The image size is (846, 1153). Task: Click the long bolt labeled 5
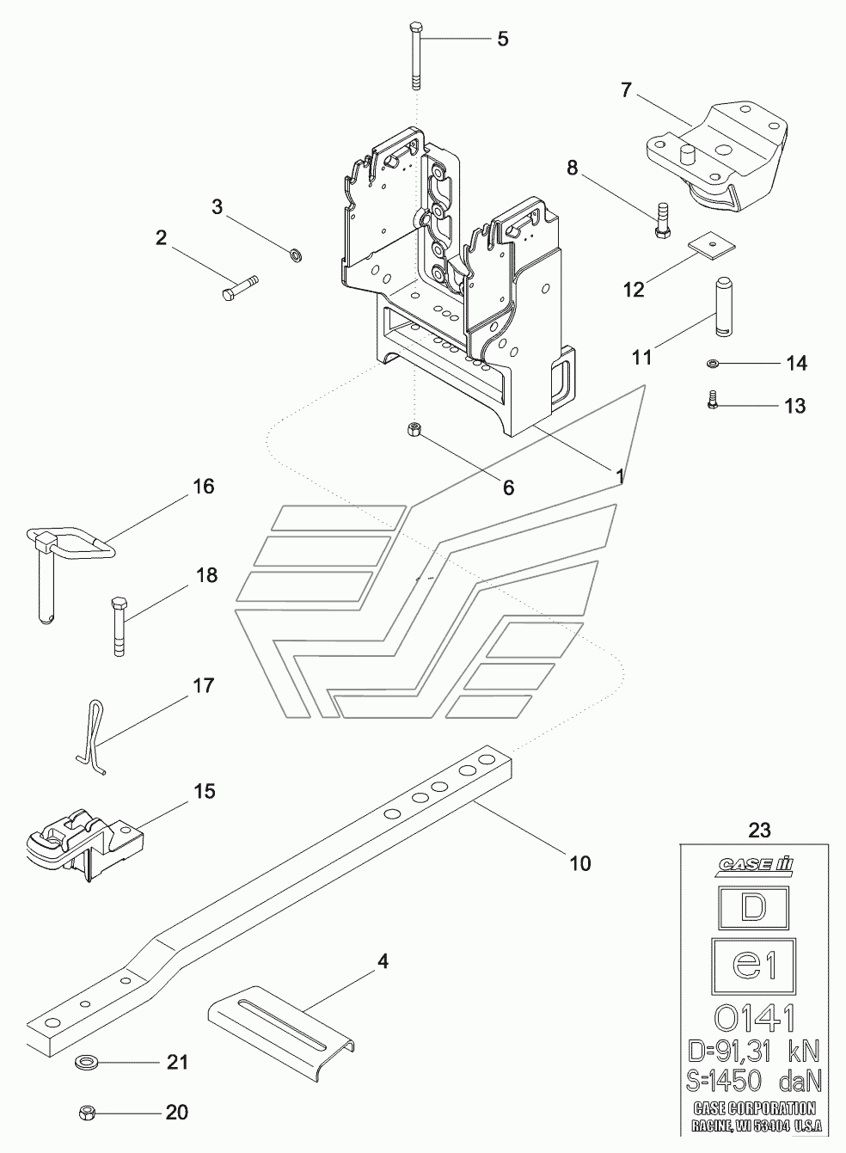pyautogui.click(x=416, y=57)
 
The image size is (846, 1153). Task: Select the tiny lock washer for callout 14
pyautogui.click(x=713, y=364)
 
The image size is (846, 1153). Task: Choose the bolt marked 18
pyautogui.click(x=119, y=627)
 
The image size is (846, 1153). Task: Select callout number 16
pyautogui.click(x=204, y=486)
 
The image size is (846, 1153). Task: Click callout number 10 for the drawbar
pyautogui.click(x=580, y=862)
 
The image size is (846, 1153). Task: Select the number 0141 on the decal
pyautogui.click(x=754, y=1017)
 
